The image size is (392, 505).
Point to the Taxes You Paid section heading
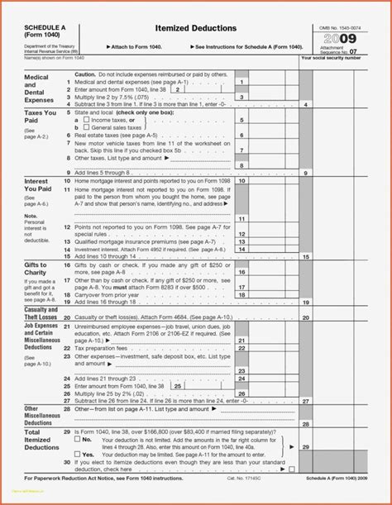(x=40, y=115)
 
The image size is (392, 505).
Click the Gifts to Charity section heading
(x=36, y=266)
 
